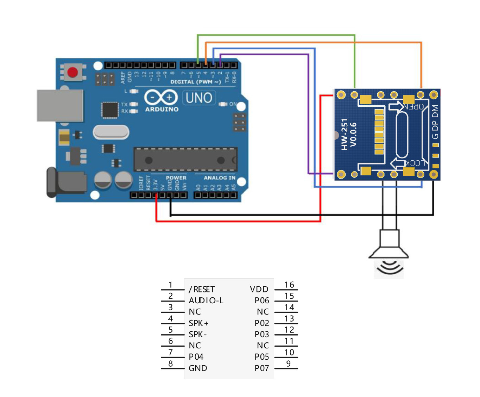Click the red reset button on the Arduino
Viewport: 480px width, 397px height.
click(72, 73)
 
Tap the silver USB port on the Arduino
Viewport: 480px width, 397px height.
click(60, 106)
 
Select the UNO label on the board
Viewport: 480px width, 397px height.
click(199, 98)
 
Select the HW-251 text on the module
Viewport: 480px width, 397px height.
click(345, 134)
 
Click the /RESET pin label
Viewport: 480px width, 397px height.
click(202, 290)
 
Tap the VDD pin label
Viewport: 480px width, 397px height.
click(259, 290)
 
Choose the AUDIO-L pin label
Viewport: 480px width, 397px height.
click(206, 301)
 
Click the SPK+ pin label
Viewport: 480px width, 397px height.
click(198, 323)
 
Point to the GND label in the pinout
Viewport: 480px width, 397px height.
click(198, 368)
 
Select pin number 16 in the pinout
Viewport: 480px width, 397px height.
click(289, 285)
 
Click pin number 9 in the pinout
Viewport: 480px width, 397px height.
click(289, 364)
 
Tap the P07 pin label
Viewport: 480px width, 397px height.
click(262, 368)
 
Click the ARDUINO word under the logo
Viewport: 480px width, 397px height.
click(162, 109)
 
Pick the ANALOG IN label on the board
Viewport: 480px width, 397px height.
click(220, 178)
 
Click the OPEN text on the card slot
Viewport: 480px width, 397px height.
click(413, 106)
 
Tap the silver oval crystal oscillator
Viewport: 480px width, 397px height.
click(111, 132)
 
